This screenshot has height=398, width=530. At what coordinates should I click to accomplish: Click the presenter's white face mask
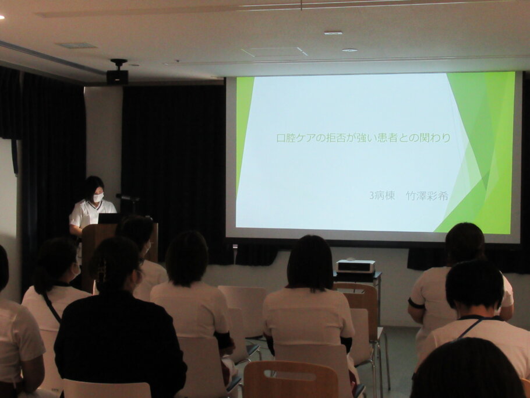click(98, 198)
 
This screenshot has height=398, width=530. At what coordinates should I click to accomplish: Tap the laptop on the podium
click(108, 218)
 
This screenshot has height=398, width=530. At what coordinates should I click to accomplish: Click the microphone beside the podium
click(128, 198)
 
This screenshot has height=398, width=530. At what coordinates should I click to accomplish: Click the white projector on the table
click(356, 266)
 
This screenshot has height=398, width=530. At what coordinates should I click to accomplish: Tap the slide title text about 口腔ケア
click(363, 138)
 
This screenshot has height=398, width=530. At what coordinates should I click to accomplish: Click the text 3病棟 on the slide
click(382, 195)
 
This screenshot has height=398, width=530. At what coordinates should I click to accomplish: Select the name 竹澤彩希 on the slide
click(427, 195)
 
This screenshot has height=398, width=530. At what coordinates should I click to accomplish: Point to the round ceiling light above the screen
click(349, 50)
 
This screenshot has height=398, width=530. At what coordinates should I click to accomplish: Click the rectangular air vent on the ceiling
click(76, 45)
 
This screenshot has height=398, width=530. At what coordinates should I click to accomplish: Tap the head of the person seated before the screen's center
click(310, 263)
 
